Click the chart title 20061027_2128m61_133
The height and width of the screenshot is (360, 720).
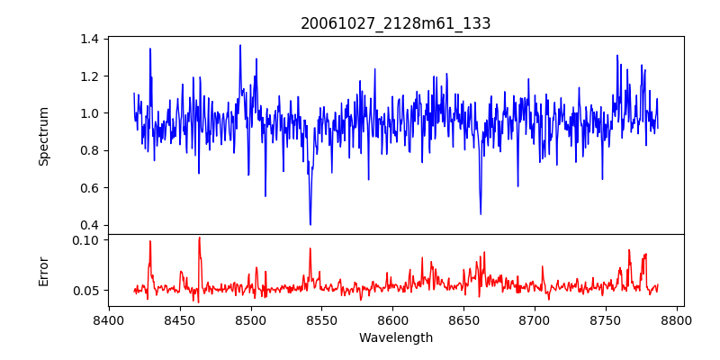[395, 23]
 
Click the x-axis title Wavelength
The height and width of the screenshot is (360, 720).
[395, 338]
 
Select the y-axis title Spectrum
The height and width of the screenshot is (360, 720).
[43, 136]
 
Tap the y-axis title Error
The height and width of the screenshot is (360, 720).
[43, 270]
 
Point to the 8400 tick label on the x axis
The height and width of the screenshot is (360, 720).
[109, 319]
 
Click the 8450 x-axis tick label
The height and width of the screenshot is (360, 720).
[180, 319]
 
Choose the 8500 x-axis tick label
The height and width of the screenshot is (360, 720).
[251, 319]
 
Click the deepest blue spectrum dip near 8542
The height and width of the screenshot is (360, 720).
[310, 224]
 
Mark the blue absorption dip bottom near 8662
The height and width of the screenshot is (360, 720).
[481, 214]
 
